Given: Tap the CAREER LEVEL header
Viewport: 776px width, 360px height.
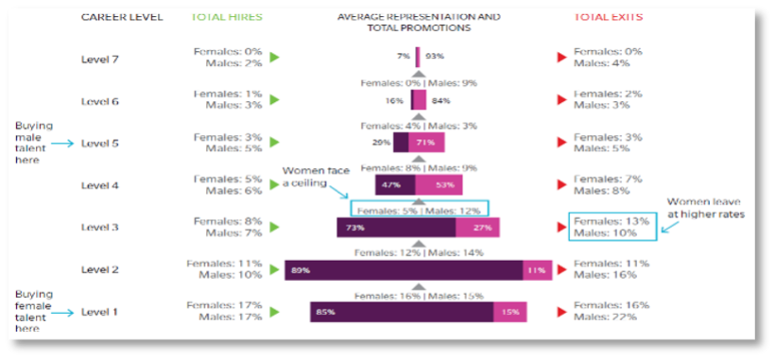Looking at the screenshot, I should tap(122, 17).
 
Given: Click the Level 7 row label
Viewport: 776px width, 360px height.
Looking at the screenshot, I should tap(101, 58).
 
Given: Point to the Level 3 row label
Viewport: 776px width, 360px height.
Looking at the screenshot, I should tap(101, 227).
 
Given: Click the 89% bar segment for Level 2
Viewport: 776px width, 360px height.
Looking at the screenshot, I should tap(404, 270).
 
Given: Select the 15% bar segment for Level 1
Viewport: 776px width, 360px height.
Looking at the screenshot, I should tap(510, 312).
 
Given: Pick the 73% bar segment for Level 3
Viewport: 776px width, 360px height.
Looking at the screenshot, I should tap(396, 228).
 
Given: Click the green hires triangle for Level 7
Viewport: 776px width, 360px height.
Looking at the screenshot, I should tap(275, 58).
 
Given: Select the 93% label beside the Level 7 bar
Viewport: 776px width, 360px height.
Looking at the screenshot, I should tap(435, 58).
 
